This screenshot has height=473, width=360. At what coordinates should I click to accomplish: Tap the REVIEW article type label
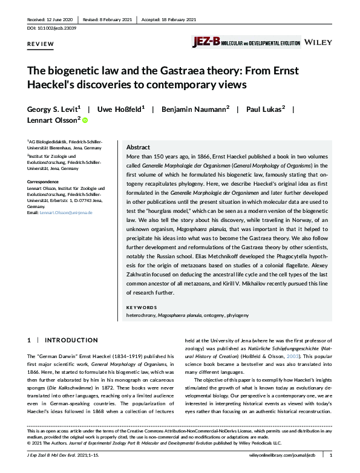pos(39,45)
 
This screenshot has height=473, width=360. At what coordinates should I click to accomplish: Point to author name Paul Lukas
pos(264,109)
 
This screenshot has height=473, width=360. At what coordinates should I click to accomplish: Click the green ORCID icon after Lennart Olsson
pos(85,121)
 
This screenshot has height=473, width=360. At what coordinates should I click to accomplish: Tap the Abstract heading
pos(139,148)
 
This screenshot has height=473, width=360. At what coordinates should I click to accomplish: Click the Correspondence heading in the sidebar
pos(45,181)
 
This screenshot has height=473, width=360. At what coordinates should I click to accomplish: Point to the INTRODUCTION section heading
pos(72,341)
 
